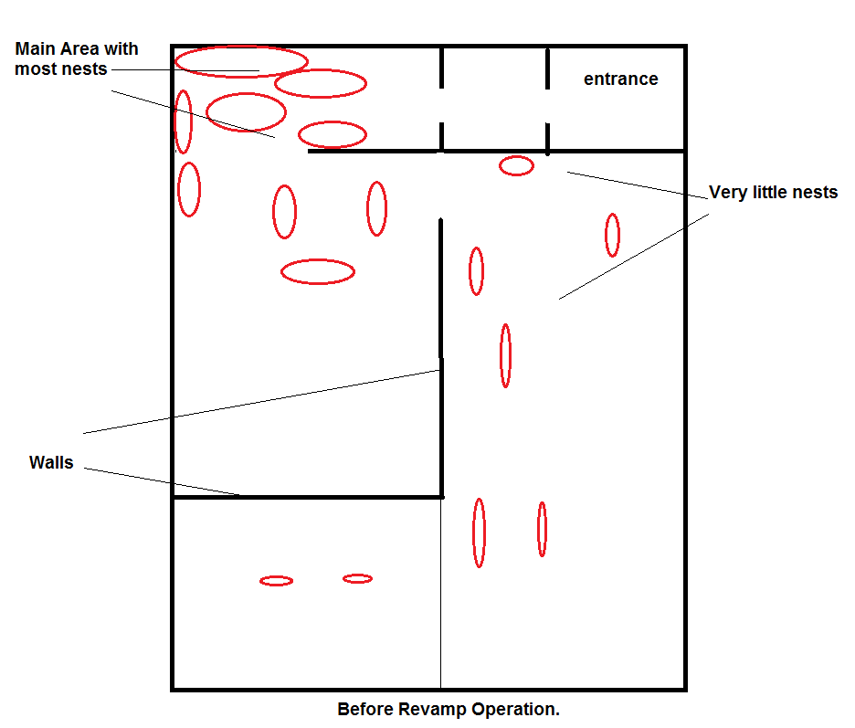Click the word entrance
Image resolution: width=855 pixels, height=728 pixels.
(x=620, y=79)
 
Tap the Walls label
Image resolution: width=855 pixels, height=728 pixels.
(x=51, y=463)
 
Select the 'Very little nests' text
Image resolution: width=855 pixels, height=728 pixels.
(x=773, y=193)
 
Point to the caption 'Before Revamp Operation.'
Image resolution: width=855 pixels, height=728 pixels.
(x=448, y=710)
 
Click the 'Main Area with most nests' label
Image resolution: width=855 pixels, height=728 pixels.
(x=77, y=58)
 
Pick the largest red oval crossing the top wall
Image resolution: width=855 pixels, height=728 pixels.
(x=241, y=61)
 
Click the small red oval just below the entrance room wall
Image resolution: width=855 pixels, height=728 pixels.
(x=516, y=165)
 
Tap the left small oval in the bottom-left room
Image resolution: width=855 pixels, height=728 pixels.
(x=276, y=581)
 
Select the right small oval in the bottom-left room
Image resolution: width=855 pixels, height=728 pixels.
(x=357, y=578)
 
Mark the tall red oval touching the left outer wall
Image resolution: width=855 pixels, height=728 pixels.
(x=183, y=121)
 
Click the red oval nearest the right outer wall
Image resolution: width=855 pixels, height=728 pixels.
(x=612, y=235)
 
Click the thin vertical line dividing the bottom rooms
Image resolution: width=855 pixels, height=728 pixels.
(x=440, y=594)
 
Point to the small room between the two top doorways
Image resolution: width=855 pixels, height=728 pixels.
(x=494, y=99)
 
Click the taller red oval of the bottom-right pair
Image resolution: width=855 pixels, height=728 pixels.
(x=479, y=533)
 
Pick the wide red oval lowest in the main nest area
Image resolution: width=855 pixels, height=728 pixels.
(x=317, y=271)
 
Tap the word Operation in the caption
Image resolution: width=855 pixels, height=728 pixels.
(x=519, y=710)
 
